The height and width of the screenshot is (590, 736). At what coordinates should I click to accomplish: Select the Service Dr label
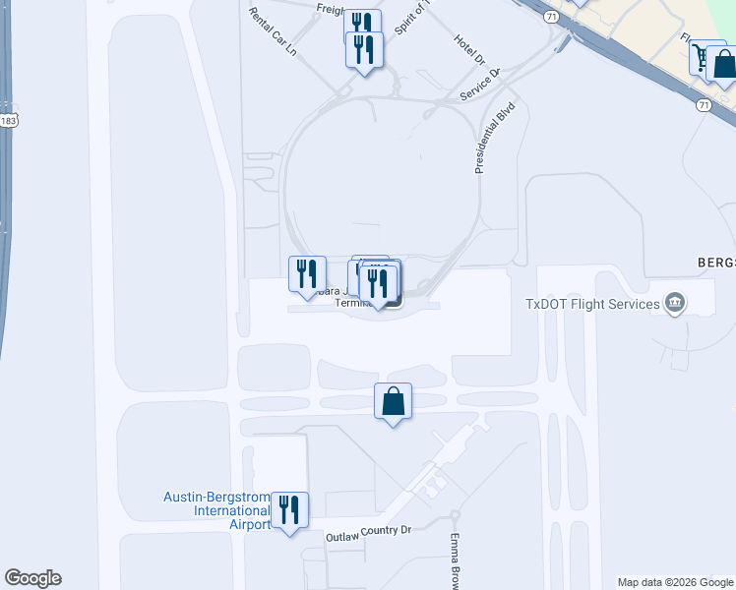click(481, 85)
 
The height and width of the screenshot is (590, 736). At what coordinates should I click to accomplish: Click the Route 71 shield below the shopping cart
click(703, 104)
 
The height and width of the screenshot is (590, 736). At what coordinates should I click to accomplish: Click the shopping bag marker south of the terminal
click(393, 401)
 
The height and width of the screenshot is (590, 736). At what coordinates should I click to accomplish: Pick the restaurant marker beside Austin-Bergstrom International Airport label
click(289, 509)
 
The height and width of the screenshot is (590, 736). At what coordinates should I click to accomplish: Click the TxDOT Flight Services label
click(592, 304)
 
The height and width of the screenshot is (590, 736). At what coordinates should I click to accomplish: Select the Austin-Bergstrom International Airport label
click(216, 510)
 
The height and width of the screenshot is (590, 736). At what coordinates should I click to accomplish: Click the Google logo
click(32, 578)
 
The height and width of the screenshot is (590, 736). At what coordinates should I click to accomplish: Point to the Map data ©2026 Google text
click(675, 582)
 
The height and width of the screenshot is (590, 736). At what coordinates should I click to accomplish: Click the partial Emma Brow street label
click(456, 561)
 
